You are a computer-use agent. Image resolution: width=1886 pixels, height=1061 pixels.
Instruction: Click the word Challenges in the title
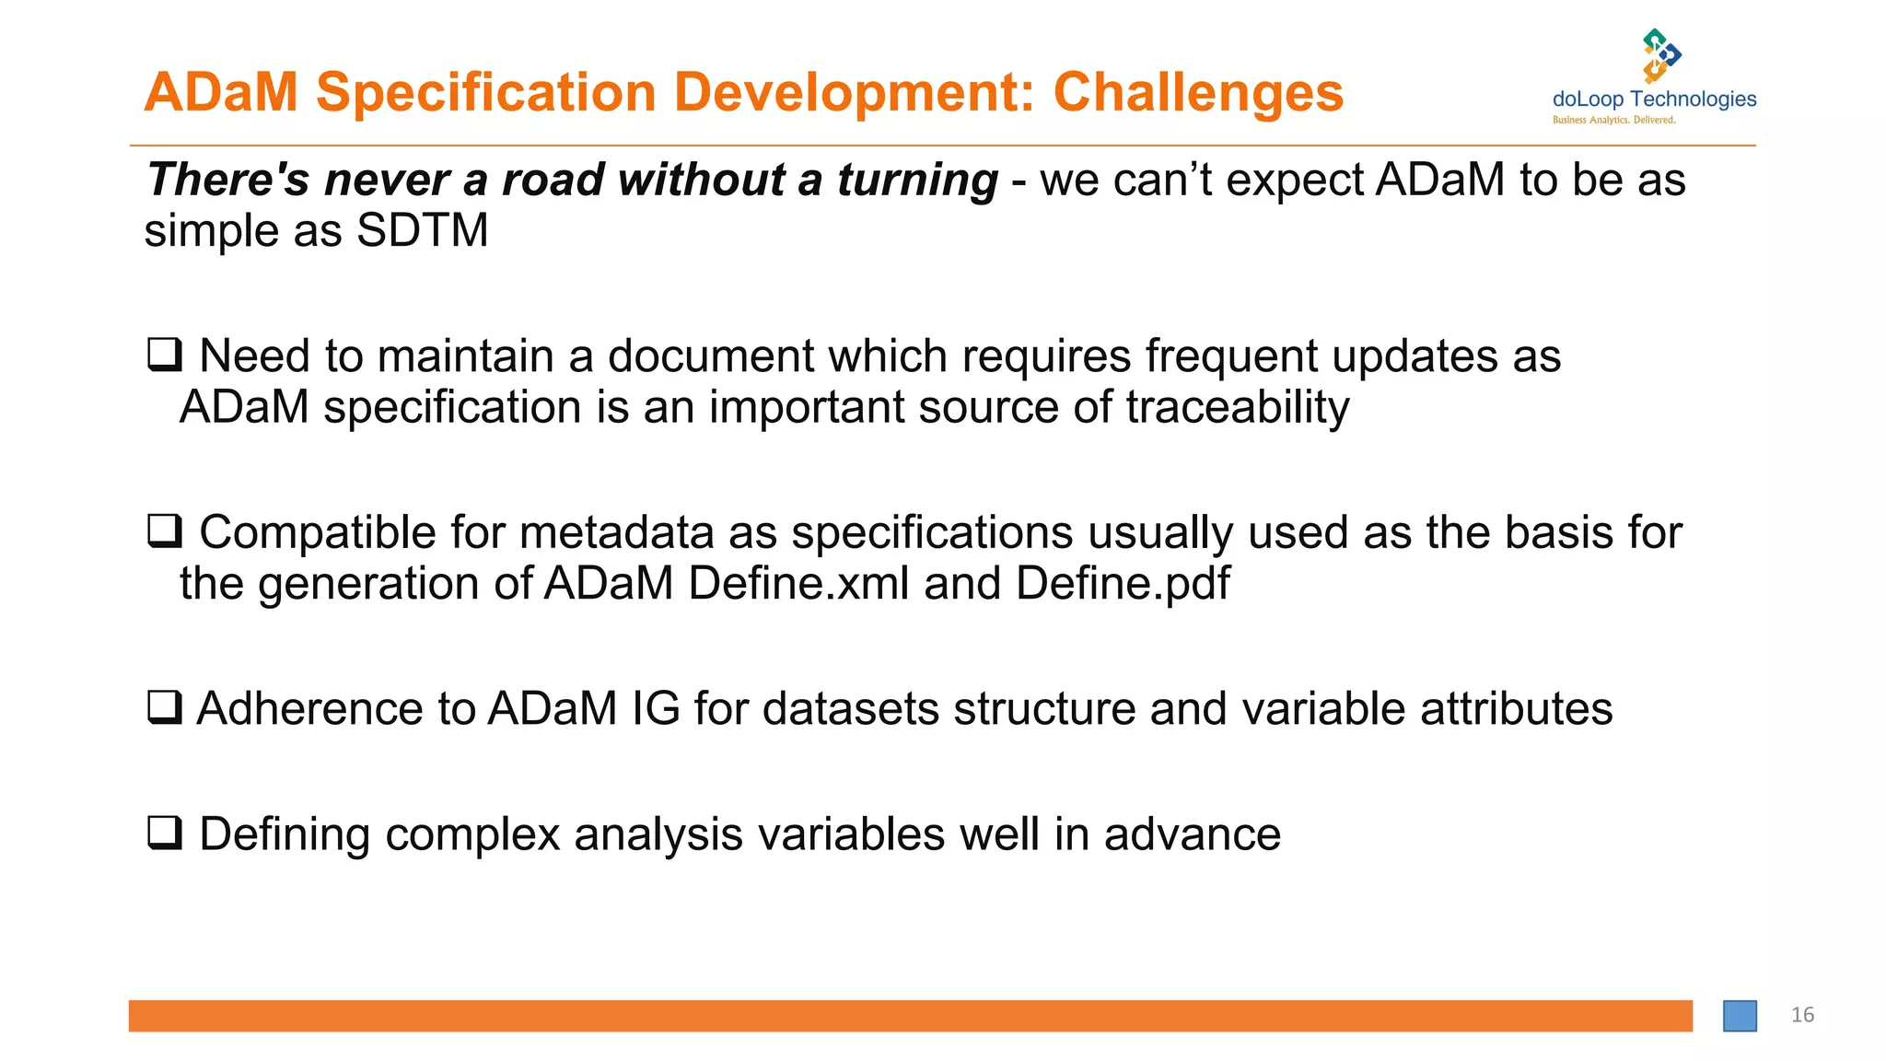point(1197,93)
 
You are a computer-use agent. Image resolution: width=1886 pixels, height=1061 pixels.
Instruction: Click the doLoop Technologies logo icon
point(1661,55)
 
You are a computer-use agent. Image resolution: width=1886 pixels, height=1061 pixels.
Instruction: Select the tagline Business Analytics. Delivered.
point(1613,121)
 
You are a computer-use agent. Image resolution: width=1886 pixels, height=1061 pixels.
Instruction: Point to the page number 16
point(1802,1015)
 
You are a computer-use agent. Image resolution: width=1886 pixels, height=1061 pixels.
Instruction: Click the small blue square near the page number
point(1740,1016)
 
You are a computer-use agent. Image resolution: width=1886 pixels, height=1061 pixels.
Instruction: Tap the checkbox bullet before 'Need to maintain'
point(165,355)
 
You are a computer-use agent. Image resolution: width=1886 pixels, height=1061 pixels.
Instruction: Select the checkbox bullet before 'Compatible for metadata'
point(165,531)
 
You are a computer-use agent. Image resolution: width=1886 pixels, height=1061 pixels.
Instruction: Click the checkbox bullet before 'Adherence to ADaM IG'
point(165,707)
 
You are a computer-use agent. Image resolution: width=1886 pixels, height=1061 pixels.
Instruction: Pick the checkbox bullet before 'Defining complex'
point(165,833)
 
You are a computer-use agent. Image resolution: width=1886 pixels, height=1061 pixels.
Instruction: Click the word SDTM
point(422,230)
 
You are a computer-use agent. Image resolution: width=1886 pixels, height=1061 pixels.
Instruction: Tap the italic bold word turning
point(917,180)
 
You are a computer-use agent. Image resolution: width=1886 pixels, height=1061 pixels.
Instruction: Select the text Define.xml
point(798,583)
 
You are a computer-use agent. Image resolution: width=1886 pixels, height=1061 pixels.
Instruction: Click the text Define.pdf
point(1123,583)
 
